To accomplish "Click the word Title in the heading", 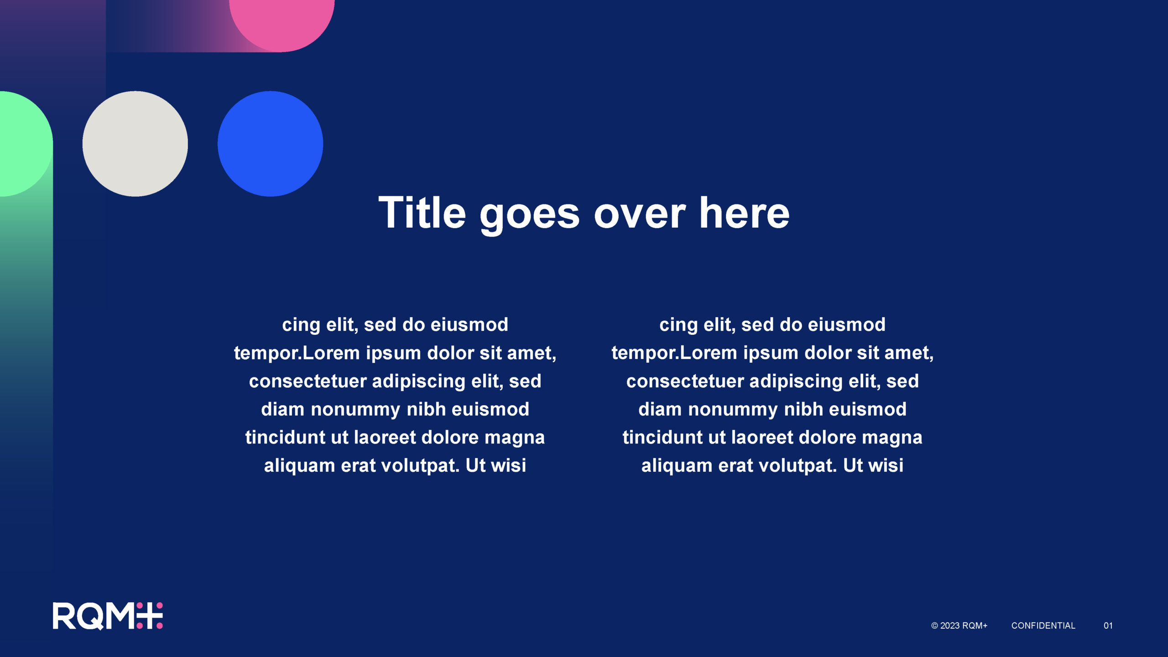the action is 422,212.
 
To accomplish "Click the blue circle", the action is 270,144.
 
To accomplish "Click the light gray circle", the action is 135,144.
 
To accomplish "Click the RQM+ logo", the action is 108,616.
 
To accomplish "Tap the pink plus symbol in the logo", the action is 150,616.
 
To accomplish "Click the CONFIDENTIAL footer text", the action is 1043,626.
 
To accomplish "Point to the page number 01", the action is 1108,626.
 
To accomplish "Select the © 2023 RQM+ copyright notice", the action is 959,626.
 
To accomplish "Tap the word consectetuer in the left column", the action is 308,381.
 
